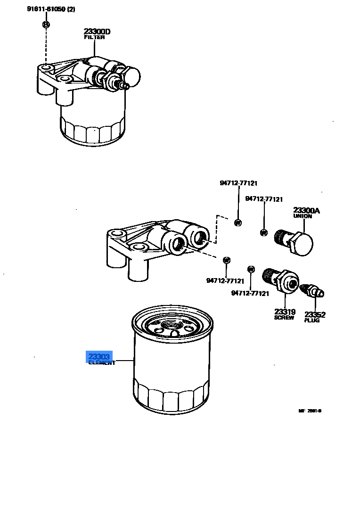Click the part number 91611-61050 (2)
pos(47,9)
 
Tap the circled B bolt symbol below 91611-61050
pos(46,24)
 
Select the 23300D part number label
pos(97,32)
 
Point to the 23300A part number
pos(306,211)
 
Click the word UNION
pos(303,216)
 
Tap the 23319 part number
pos(285,312)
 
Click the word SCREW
pos(284,318)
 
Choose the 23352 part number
pos(315,314)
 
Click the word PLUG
pos(312,321)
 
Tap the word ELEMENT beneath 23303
pos(101,363)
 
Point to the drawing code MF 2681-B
pos(310,411)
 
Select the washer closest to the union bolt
pos(264,232)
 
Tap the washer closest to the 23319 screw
pos(251,269)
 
